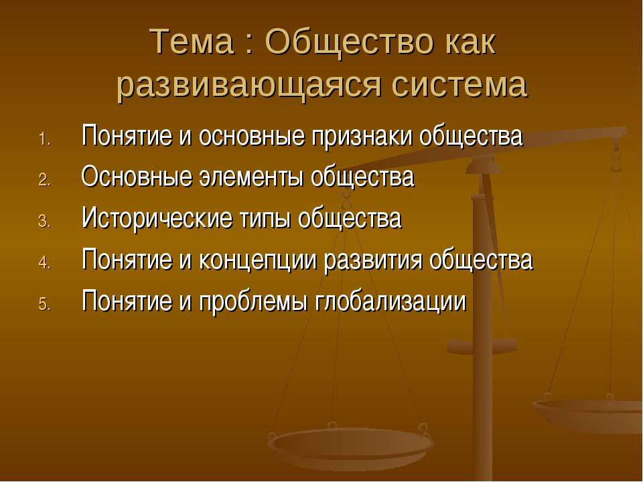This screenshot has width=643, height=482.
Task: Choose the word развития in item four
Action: point(372,260)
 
